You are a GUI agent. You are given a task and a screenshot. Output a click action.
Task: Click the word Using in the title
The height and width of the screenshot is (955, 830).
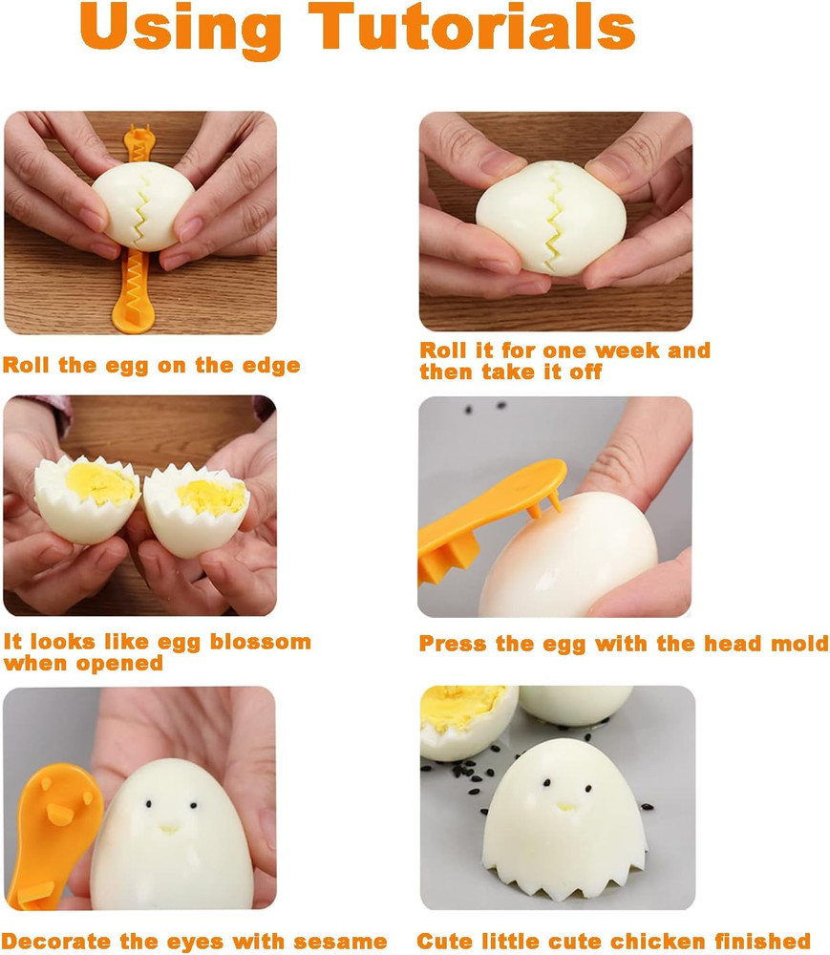pos(167,29)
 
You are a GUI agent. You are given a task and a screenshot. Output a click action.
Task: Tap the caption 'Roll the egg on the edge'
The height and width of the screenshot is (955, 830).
pos(151,365)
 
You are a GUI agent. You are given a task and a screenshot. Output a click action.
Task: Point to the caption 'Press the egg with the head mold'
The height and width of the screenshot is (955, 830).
pos(623,644)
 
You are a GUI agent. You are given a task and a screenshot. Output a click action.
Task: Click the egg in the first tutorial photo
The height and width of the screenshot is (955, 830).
pos(144,205)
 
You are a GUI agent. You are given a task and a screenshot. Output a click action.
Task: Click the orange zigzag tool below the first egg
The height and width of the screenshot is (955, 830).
pos(137,291)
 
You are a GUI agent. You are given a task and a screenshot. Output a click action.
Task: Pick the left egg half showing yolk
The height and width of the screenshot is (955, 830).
pos(88,497)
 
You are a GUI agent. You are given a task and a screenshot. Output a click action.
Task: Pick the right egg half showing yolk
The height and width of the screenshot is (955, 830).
pos(198,506)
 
